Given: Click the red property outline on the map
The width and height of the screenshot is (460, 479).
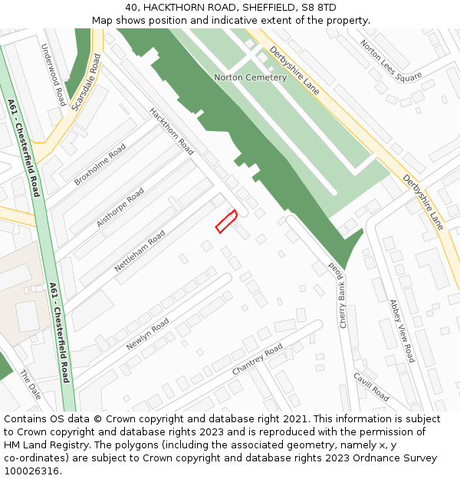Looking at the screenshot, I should tap(225, 221).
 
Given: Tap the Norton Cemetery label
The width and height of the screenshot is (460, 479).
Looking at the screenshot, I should tap(250, 77).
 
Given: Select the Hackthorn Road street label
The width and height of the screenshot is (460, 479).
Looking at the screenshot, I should tap(172, 130).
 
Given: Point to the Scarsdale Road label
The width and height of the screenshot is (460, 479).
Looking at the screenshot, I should tap(86, 82).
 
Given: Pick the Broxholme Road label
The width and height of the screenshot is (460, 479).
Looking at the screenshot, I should tap(100, 164).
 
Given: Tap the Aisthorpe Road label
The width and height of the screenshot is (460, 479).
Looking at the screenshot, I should tap(120, 208).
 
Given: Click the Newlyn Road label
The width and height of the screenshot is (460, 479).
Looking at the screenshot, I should tap(147, 334).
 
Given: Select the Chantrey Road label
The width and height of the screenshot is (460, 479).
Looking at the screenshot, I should tap(258, 359).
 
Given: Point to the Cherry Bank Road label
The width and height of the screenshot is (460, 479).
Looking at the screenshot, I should tap(338, 295).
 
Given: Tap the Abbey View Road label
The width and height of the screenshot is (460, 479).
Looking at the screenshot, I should tap(402, 331).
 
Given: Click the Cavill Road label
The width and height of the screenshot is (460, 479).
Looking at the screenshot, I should tap(371, 386).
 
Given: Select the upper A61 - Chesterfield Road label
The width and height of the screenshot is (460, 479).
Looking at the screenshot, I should tap(24, 147).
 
